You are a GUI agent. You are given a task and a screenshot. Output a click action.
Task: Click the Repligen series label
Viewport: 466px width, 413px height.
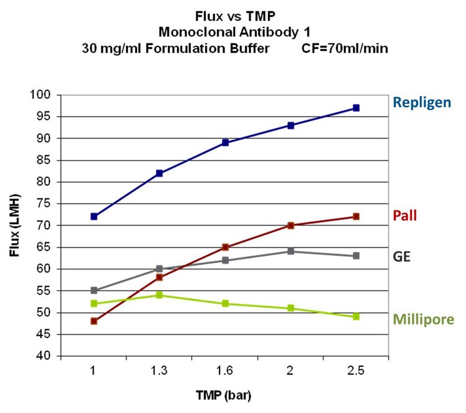(422, 103)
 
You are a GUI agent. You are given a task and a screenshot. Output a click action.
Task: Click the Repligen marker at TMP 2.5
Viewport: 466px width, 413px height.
(356, 108)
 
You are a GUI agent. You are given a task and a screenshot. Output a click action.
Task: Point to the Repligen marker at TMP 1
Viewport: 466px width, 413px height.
(94, 216)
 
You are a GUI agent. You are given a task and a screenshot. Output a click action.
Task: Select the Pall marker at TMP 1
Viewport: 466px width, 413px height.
(94, 321)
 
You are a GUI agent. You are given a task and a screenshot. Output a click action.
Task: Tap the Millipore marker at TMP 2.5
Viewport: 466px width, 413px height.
(356, 316)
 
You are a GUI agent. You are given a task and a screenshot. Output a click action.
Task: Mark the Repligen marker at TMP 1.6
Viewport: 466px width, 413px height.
(225, 142)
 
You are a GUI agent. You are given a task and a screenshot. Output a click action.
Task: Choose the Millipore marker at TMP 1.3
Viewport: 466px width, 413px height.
(159, 295)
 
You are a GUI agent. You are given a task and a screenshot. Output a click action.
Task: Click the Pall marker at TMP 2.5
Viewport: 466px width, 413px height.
(356, 216)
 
